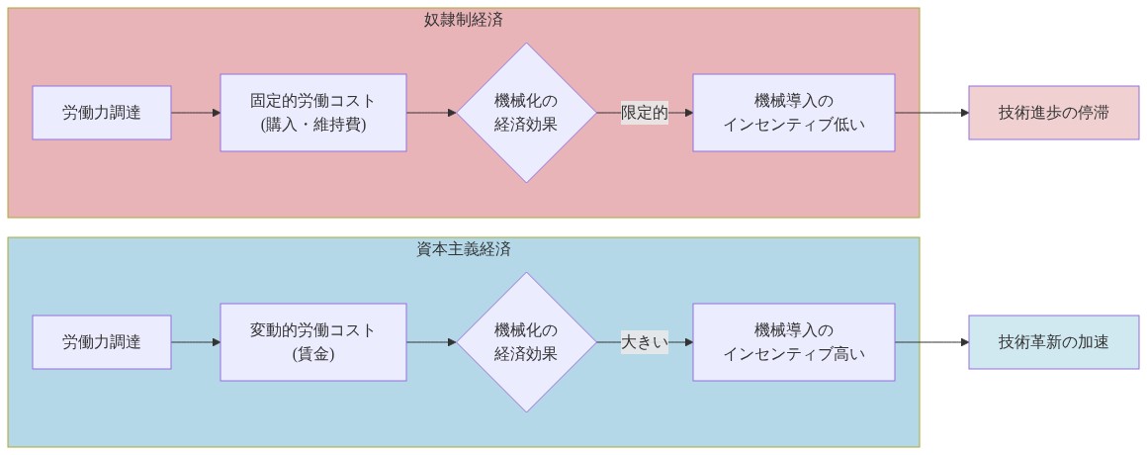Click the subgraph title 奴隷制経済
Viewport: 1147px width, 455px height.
tap(464, 20)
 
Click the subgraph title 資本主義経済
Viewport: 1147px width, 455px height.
tap(464, 249)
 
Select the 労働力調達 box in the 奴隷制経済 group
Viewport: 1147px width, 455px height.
tap(102, 113)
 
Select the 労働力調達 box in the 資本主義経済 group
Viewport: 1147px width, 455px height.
tap(102, 342)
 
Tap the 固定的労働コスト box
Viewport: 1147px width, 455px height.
tap(312, 113)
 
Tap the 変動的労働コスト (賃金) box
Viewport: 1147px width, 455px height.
tap(312, 342)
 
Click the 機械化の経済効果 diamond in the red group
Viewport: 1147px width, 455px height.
tap(526, 113)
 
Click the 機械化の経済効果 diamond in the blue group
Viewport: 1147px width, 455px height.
tap(526, 342)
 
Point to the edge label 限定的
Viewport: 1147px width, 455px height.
tap(645, 113)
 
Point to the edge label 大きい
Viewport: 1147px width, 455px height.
tap(645, 342)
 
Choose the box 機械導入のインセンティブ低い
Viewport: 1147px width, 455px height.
tap(793, 113)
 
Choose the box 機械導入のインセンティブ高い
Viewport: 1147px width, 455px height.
tap(793, 342)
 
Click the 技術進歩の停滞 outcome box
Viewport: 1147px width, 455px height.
tap(1053, 113)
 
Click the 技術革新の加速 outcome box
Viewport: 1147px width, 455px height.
tap(1053, 342)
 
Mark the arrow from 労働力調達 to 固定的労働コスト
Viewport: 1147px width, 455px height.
tap(196, 113)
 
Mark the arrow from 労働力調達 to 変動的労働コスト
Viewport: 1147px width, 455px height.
tap(196, 342)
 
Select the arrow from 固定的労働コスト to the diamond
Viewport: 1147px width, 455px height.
tap(431, 113)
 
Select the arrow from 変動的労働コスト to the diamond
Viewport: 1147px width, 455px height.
tap(431, 342)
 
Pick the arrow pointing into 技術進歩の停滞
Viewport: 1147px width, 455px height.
tap(931, 113)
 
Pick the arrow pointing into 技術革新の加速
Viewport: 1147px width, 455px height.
tap(931, 342)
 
